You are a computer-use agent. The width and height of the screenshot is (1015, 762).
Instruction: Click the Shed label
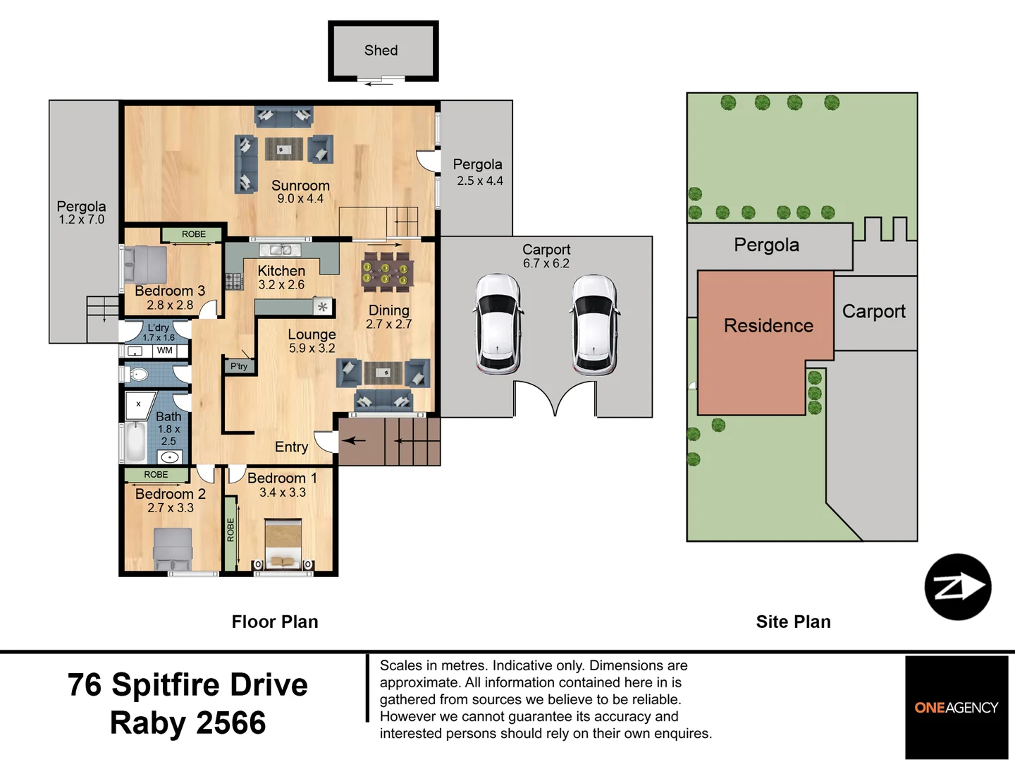(381, 50)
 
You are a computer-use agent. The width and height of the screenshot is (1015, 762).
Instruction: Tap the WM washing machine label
(165, 350)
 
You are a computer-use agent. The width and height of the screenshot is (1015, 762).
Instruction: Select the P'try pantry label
(239, 366)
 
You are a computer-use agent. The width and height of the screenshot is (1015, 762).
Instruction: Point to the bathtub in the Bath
(135, 441)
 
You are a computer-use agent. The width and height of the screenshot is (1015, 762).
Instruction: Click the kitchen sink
(279, 250)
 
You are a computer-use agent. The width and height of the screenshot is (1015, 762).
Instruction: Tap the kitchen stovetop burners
(234, 281)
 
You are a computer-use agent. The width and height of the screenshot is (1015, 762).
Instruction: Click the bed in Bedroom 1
(283, 544)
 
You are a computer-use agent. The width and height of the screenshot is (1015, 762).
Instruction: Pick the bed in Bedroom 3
(145, 264)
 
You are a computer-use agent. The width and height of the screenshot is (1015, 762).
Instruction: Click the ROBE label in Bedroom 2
(156, 474)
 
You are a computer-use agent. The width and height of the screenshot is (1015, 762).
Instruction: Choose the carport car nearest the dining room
(497, 323)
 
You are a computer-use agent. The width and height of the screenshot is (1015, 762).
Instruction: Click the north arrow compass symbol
(958, 586)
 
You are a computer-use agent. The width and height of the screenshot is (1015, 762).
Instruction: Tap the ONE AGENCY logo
(956, 708)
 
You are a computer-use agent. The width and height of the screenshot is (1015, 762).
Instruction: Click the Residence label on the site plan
(768, 326)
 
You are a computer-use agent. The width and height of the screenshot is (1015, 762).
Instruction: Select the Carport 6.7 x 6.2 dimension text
(546, 263)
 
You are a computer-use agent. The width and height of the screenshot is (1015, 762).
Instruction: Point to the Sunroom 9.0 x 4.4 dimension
(300, 198)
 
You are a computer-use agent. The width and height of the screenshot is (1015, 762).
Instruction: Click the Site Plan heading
(794, 622)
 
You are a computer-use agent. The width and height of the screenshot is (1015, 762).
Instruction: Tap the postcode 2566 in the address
(230, 722)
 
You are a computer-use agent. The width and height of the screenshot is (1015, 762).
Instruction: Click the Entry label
(291, 447)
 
